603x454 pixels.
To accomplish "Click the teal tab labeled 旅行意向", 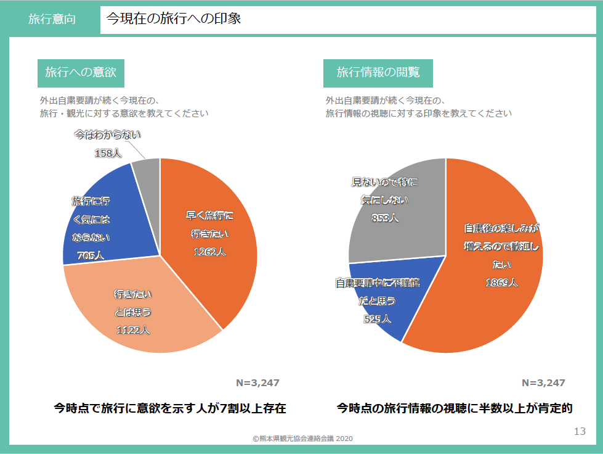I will tap(52, 19).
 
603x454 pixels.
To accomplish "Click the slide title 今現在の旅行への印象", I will tap(173, 19).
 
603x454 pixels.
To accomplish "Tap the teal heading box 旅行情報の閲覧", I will tap(378, 73).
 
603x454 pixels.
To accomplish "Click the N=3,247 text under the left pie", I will tap(257, 382).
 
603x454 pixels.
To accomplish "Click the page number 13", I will tap(579, 431).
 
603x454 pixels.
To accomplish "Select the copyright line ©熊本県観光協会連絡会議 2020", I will tap(302, 438).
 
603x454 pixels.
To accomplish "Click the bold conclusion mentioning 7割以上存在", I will tap(169, 408).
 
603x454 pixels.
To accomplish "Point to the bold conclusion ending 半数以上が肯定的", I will tap(455, 408).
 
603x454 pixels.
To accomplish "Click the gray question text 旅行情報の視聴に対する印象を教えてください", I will tap(418, 113).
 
